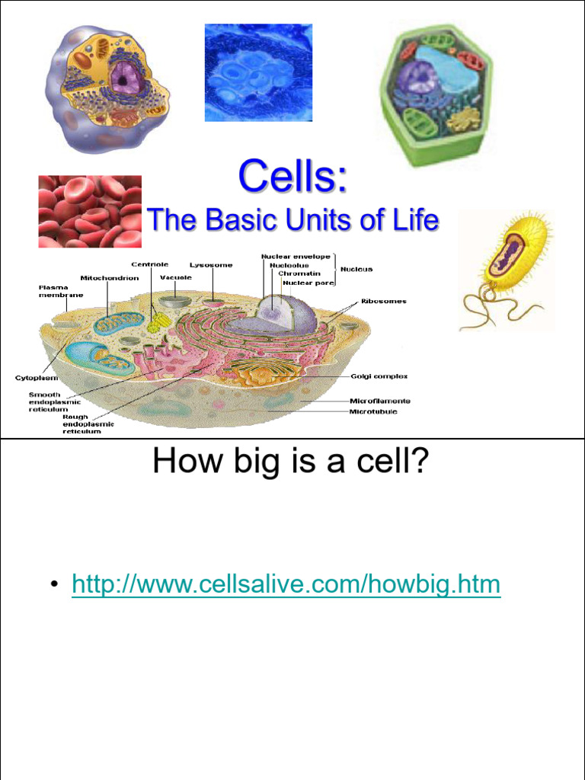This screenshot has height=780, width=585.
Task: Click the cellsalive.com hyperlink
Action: coord(286,585)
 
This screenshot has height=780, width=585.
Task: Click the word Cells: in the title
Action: coord(292,177)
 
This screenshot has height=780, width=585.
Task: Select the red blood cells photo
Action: coord(90,211)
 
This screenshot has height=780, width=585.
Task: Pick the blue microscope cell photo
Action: coord(258,72)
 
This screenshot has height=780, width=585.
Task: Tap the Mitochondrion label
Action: coord(110,278)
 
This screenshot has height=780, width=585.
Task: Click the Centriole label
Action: coord(149,265)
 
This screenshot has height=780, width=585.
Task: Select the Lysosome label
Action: coord(211,265)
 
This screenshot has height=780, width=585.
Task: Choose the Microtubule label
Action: coord(373,412)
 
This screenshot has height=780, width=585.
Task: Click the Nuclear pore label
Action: coord(308,283)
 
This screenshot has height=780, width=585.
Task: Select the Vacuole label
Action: coord(175,277)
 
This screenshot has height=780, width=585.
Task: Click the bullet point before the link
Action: coord(54,586)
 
